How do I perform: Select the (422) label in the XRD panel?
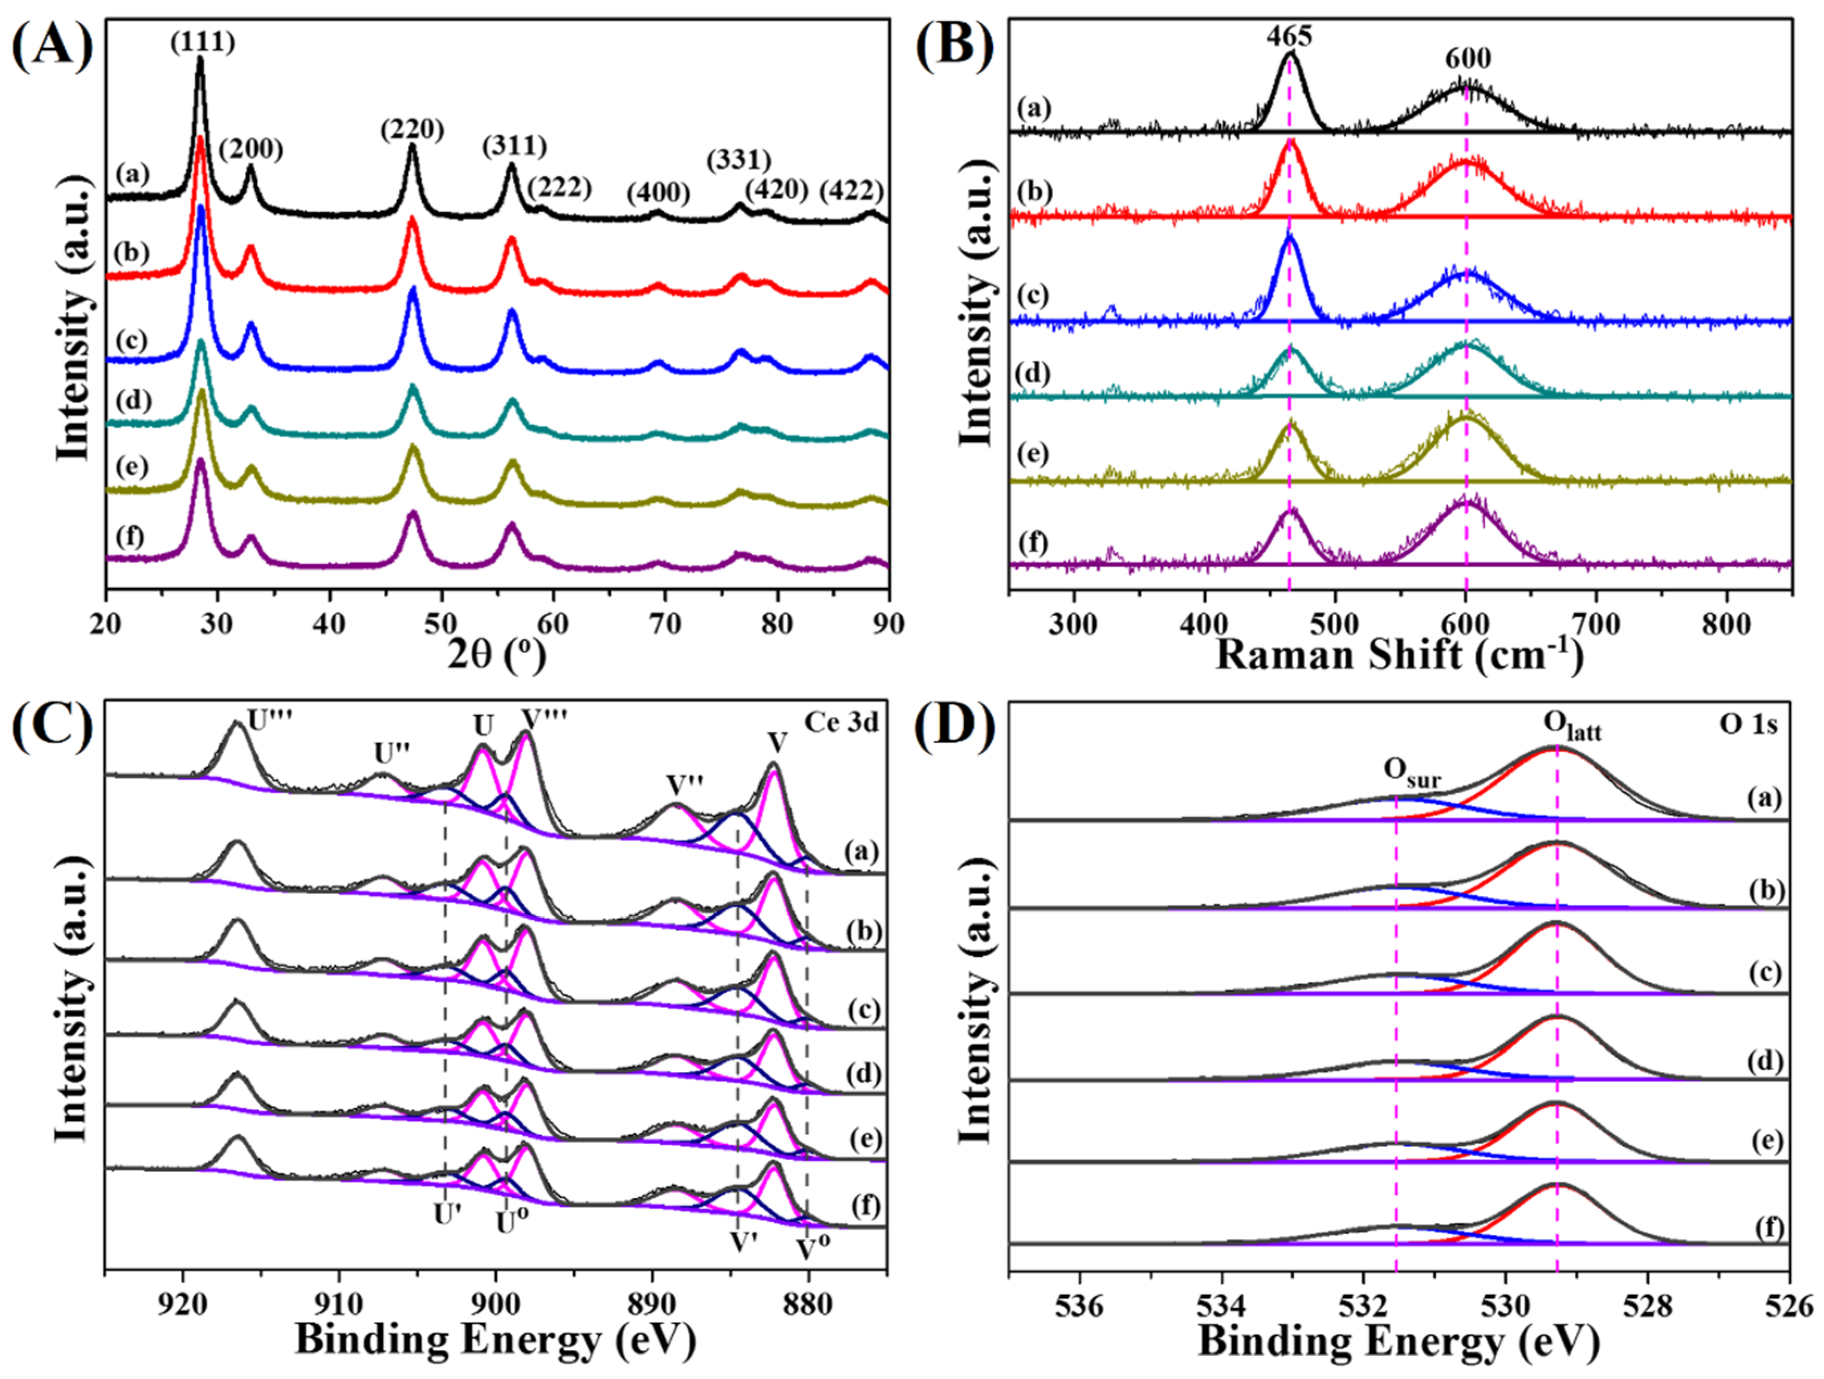[851, 192]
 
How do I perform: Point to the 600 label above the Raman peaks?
[1468, 59]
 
